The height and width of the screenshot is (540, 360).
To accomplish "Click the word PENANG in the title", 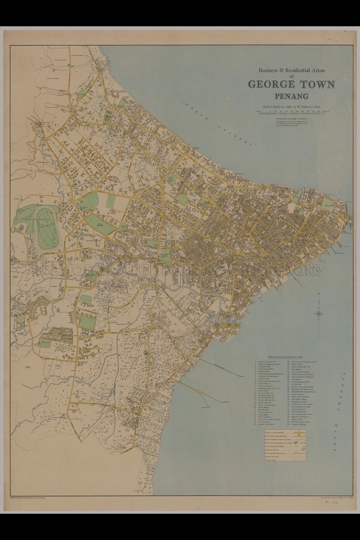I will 291,96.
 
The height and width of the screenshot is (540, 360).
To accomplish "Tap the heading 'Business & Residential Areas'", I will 291,70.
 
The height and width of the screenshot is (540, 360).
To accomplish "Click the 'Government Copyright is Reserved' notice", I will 292,118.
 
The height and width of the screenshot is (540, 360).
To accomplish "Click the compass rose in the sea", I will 319,313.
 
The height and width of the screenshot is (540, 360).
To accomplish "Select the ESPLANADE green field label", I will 329,205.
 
